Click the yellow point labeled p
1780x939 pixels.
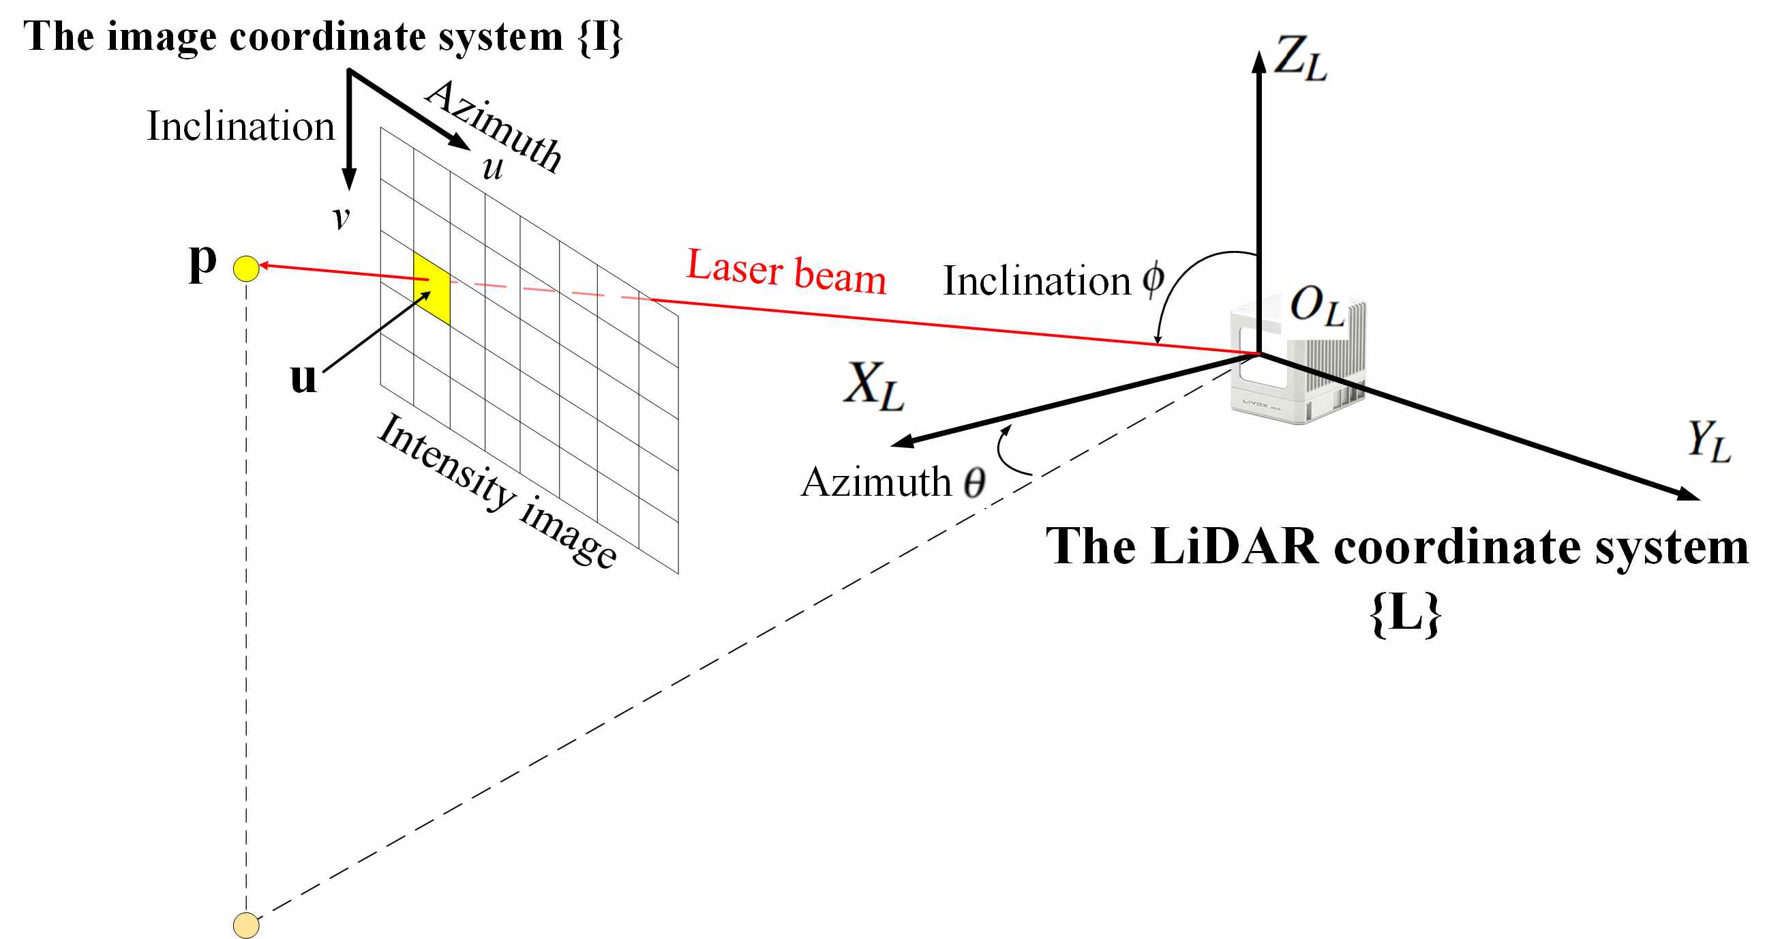pyautogui.click(x=246, y=268)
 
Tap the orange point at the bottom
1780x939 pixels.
pyautogui.click(x=246, y=925)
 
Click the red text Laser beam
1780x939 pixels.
pyautogui.click(x=786, y=271)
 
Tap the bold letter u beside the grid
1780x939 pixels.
pyautogui.click(x=303, y=378)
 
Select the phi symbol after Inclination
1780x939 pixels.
pyautogui.click(x=1153, y=280)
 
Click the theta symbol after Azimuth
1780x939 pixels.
pyautogui.click(x=974, y=482)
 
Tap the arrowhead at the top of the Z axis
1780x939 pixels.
pyautogui.click(x=1259, y=61)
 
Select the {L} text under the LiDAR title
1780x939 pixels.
pyautogui.click(x=1405, y=614)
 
